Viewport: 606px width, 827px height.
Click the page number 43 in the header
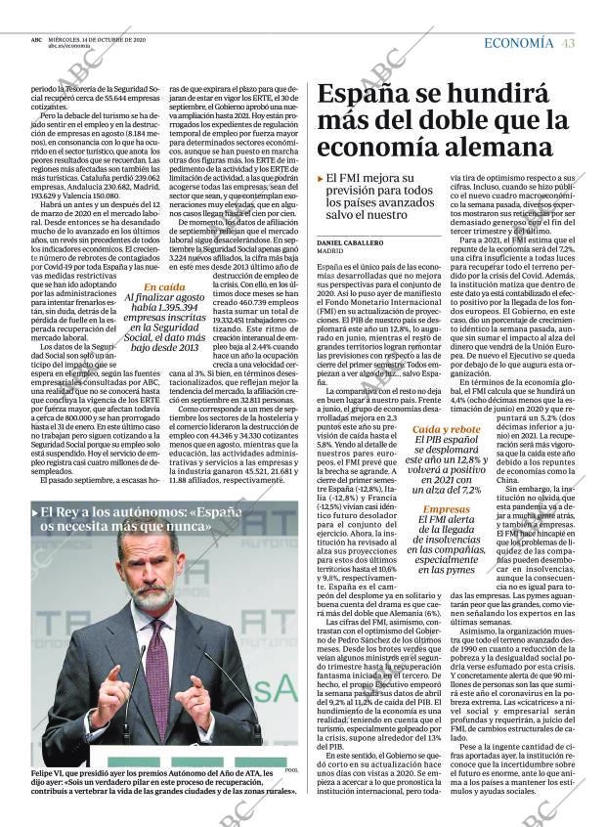[568, 43]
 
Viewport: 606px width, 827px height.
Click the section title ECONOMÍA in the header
[518, 43]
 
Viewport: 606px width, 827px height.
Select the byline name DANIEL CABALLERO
[350, 240]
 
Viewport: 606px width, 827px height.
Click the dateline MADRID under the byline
[329, 250]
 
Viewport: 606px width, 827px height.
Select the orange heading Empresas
[446, 509]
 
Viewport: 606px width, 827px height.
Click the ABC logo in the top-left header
[36, 40]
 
